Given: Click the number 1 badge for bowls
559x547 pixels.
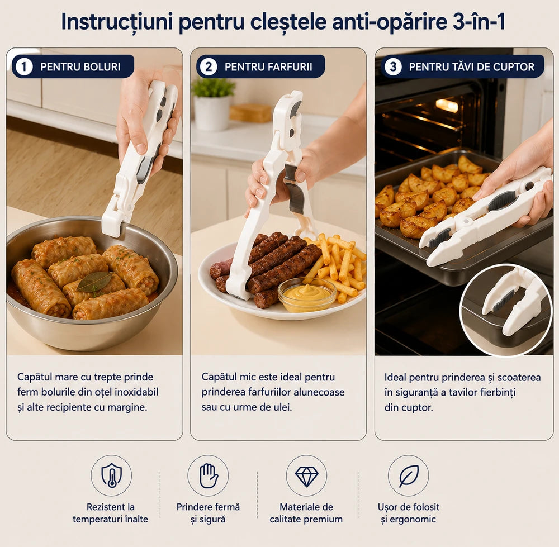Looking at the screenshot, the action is click(24, 66).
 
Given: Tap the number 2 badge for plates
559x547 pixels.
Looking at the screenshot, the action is click(209, 66).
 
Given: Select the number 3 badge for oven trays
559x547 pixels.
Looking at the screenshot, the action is click(393, 66).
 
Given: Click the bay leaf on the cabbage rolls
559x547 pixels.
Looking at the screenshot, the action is click(94, 282).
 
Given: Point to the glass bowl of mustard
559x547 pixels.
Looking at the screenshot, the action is click(307, 294).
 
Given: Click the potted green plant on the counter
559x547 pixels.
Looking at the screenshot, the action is click(212, 103).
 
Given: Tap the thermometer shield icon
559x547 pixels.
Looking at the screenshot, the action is click(111, 475).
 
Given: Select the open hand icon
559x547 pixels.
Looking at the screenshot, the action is click(208, 475).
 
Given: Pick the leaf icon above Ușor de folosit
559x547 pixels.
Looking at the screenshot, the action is click(409, 476).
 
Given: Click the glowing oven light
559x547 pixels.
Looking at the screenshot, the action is click(447, 106).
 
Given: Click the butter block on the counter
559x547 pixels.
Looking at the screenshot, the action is click(250, 113).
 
